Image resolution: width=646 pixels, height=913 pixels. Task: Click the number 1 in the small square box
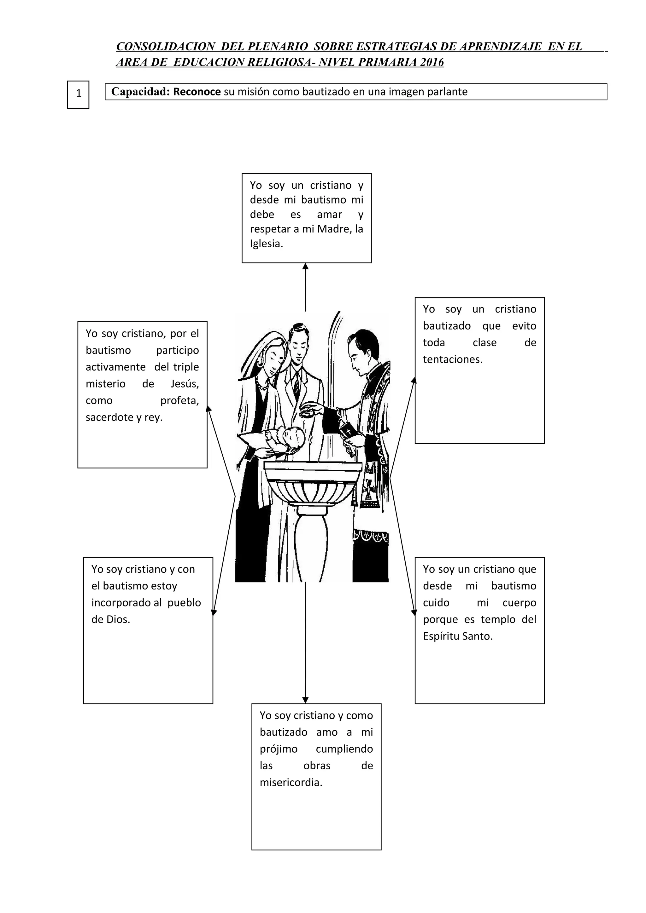79,94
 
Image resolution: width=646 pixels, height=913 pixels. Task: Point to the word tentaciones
453,359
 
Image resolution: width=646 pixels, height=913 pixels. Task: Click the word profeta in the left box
179,400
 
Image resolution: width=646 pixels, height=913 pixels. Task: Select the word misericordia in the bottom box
291,783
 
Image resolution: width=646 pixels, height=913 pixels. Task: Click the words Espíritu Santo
458,636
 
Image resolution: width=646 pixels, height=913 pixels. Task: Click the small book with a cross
348,431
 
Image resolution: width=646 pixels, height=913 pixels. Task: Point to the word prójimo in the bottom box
279,749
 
